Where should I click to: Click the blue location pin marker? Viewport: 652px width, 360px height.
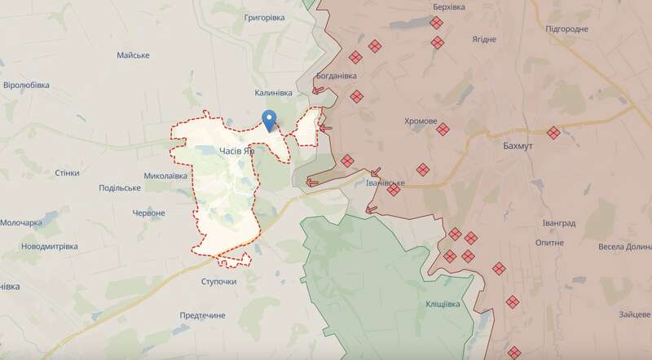(269, 120)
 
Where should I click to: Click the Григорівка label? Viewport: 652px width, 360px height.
(258, 16)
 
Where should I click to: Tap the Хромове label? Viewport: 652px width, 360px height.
(421, 121)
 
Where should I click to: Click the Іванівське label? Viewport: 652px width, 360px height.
(382, 182)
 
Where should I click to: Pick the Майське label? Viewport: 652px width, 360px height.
(133, 55)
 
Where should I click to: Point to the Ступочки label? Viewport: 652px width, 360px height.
(218, 281)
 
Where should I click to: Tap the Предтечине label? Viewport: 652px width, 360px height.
(202, 315)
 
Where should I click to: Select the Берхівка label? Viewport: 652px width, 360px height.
(448, 7)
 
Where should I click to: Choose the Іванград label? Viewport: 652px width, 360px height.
(558, 222)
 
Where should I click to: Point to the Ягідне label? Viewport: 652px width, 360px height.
(483, 39)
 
